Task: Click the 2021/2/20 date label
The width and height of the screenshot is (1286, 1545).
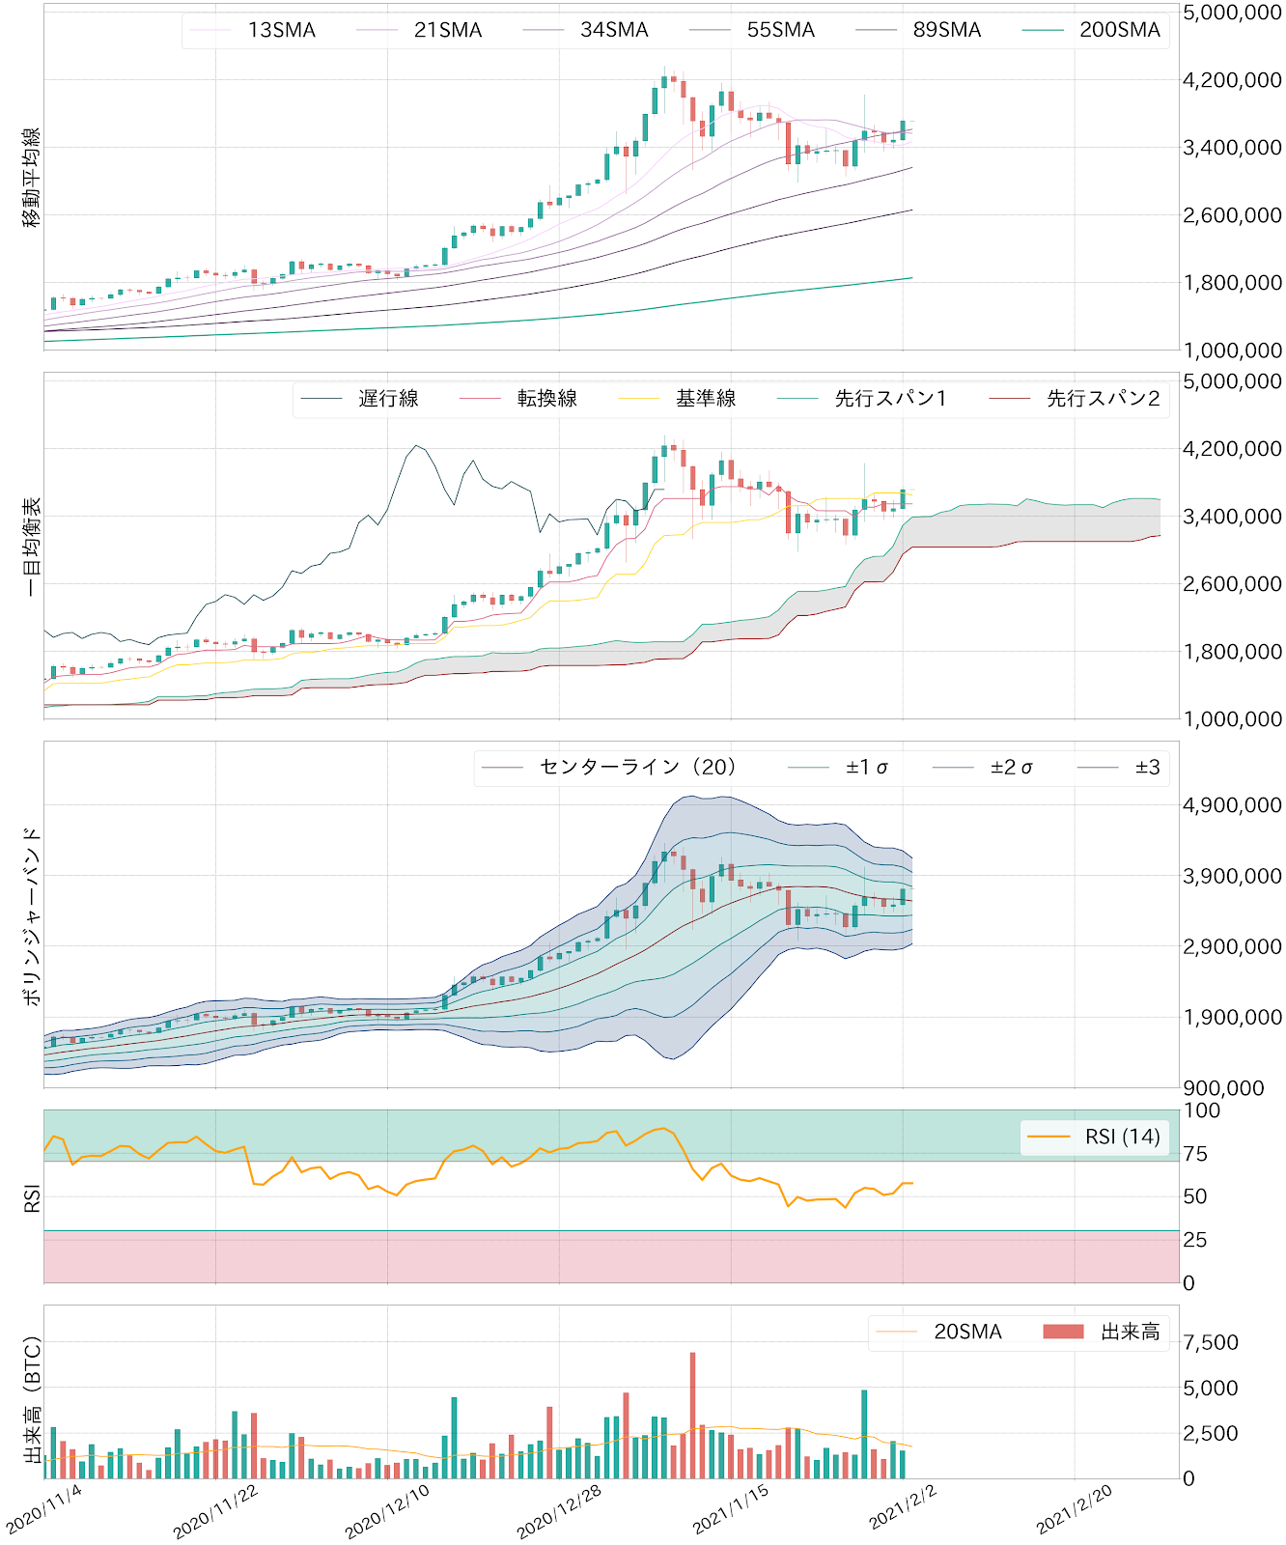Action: click(1074, 1509)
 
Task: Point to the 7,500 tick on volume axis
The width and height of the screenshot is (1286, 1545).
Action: click(1211, 1342)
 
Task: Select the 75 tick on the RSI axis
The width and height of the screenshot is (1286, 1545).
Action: click(1194, 1154)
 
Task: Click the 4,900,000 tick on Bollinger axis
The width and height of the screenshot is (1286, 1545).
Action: click(1232, 805)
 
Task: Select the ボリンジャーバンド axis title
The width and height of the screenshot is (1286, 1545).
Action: click(32, 915)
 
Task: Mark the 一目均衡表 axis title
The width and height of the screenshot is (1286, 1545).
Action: click(32, 547)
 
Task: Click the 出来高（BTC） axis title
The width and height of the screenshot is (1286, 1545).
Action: click(32, 1400)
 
